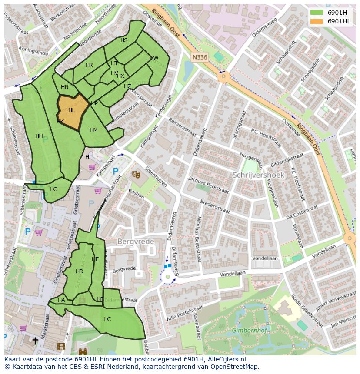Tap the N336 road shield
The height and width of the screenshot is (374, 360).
click(200, 57)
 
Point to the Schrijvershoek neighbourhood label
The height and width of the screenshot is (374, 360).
click(258, 175)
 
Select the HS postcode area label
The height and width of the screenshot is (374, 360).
click(124, 40)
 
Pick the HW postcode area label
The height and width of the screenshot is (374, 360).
click(154, 58)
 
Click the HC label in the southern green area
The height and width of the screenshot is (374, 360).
click(107, 319)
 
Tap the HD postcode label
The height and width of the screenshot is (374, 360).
click(79, 271)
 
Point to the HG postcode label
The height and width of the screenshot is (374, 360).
click(53, 189)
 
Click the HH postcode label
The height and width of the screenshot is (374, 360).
click(39, 136)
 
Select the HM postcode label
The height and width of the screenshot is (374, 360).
click(93, 130)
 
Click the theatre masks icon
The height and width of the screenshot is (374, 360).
click(136, 174)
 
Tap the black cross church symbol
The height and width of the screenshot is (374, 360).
click(35, 341)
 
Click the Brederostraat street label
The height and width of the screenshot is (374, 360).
click(215, 207)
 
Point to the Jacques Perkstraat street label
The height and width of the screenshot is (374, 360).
click(208, 185)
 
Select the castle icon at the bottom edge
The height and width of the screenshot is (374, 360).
click(83, 351)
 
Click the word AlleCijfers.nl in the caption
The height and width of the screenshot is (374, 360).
click(226, 360)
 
